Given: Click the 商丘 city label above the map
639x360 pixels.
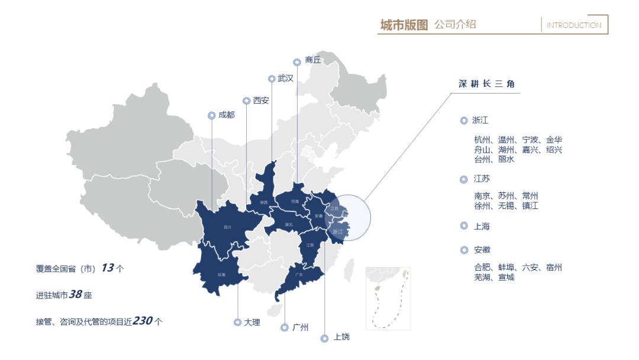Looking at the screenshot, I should [313, 60].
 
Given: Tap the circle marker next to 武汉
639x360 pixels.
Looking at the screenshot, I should [272, 78].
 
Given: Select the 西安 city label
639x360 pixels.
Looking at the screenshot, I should [261, 101].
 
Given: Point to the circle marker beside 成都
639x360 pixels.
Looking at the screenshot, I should [211, 115].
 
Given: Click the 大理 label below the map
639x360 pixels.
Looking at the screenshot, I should [251, 322].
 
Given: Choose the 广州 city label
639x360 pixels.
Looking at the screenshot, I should [301, 327].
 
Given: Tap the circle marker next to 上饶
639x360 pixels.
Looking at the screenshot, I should [324, 338].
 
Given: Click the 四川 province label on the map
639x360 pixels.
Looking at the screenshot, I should [227, 227].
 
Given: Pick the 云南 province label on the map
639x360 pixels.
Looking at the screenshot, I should [222, 275].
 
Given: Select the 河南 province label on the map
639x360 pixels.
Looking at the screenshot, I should [295, 202].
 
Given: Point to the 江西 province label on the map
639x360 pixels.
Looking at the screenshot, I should [310, 245].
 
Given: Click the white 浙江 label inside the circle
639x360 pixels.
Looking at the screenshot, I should [338, 232].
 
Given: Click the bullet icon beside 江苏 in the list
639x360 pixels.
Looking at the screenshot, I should [464, 179].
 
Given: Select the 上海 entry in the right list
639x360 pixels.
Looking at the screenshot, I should [482, 226].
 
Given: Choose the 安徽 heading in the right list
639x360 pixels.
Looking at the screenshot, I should [482, 250].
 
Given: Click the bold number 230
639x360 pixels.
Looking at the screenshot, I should [143, 320].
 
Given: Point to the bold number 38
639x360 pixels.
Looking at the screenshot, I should [75, 294].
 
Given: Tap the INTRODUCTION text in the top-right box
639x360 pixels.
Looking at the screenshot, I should [573, 25].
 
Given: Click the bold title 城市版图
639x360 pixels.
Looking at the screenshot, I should [404, 25].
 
